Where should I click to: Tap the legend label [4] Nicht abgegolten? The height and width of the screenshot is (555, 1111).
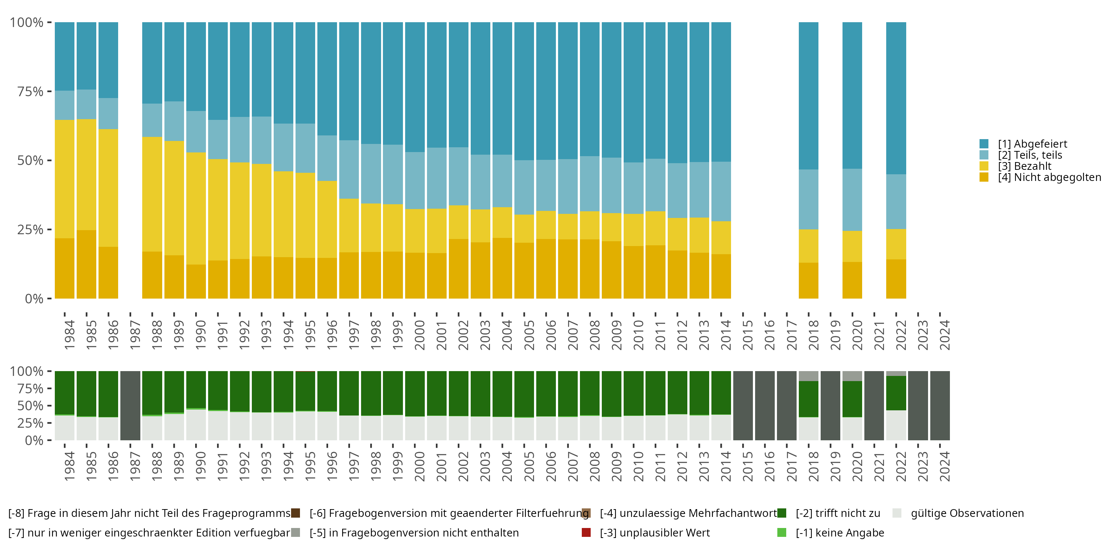pos(1048,178)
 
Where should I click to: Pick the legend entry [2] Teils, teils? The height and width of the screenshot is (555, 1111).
pos(1030,155)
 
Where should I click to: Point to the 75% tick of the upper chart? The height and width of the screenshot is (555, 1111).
pos(30,91)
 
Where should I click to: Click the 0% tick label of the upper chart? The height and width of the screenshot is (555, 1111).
pos(34,299)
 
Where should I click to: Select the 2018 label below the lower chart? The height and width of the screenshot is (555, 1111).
pos(813,466)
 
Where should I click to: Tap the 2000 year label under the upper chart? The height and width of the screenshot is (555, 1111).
pos(420,335)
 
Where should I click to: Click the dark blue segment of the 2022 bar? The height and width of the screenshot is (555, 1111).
pos(896,98)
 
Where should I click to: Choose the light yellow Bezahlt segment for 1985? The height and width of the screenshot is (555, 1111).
pos(86,175)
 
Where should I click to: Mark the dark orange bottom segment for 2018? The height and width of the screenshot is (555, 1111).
pos(808,280)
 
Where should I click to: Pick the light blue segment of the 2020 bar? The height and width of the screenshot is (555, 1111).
pos(852,199)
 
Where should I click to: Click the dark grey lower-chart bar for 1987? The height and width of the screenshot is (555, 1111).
pos(130,406)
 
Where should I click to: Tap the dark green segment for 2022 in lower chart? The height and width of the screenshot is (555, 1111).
pos(896,393)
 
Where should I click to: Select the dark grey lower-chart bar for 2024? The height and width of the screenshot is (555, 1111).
pos(940,406)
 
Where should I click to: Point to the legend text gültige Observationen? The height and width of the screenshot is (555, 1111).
pos(967,513)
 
